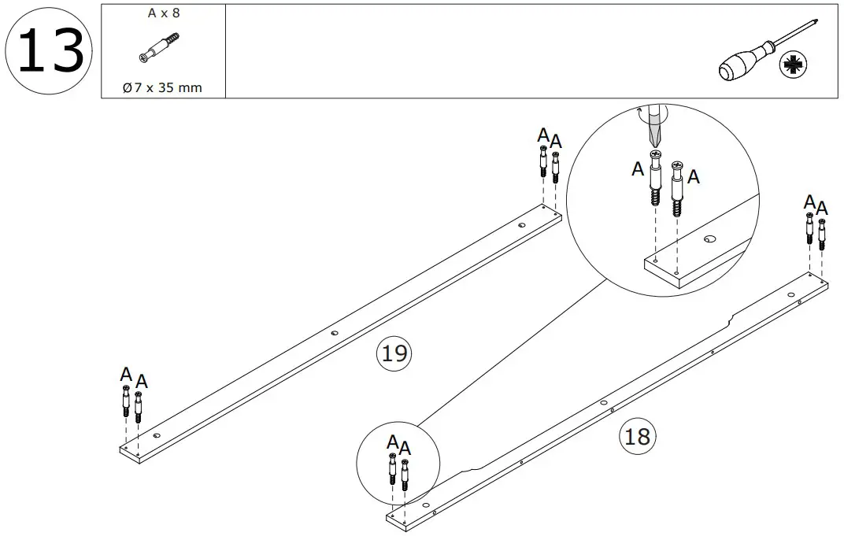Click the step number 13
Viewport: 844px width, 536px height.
coord(49,50)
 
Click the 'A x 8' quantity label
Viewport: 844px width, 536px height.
coord(163,13)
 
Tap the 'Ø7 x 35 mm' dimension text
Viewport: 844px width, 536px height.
coord(163,87)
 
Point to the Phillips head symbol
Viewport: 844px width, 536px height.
coord(790,66)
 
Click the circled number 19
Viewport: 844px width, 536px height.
coord(394,353)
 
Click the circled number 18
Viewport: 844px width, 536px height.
coord(637,435)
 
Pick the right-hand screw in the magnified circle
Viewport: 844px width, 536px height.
coord(679,187)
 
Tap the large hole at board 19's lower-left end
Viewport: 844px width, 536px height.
coord(156,434)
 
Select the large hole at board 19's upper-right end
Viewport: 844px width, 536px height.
coord(521,226)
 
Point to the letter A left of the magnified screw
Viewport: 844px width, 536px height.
coord(638,168)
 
